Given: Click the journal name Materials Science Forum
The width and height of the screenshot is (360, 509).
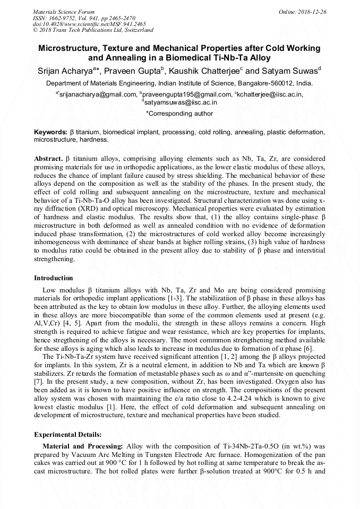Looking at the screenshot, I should pyautogui.click(x=64, y=11).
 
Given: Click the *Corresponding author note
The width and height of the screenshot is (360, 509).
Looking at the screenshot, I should pyautogui.click(x=179, y=113).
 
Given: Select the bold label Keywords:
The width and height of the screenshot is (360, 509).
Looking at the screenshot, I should pyautogui.click(x=50, y=132).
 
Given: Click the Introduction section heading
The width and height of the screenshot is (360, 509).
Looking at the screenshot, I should pyautogui.click(x=54, y=278).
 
